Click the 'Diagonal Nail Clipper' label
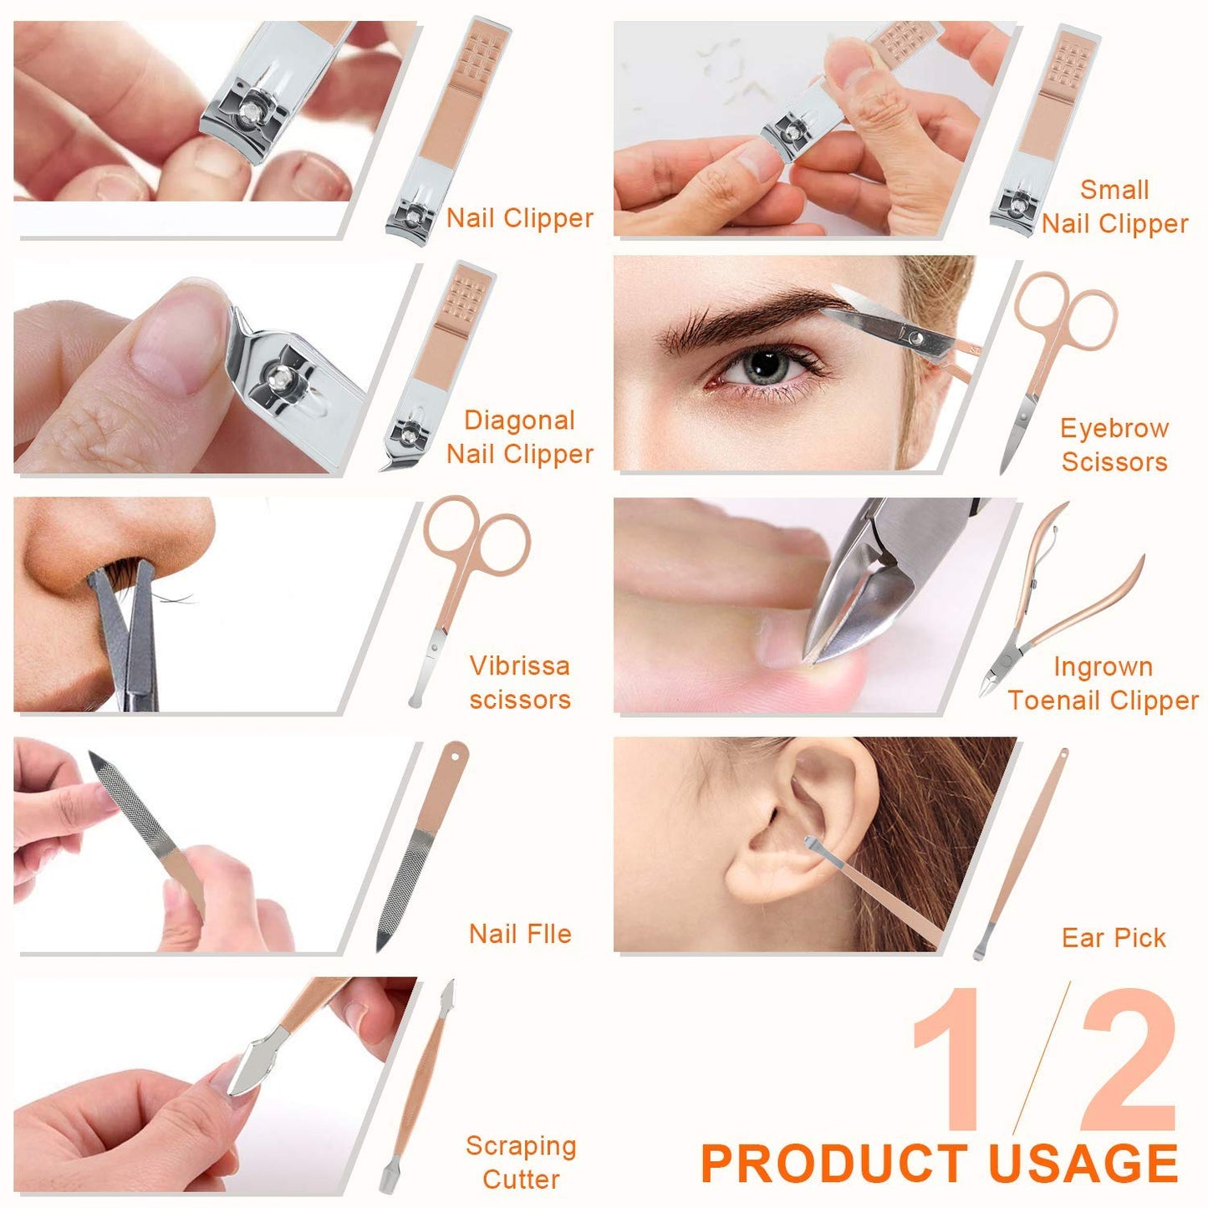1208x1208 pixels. [519, 437]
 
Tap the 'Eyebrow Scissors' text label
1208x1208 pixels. [1114, 445]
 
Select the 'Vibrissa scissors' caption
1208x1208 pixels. [519, 682]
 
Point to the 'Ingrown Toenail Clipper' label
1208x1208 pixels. [1103, 683]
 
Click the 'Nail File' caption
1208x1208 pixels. [520, 934]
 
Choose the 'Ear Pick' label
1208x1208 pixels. [1114, 938]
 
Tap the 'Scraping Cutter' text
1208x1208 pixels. [521, 1162]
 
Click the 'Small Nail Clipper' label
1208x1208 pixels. [1114, 206]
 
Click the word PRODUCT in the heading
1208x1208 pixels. [838, 1164]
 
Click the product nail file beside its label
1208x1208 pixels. [422, 844]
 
